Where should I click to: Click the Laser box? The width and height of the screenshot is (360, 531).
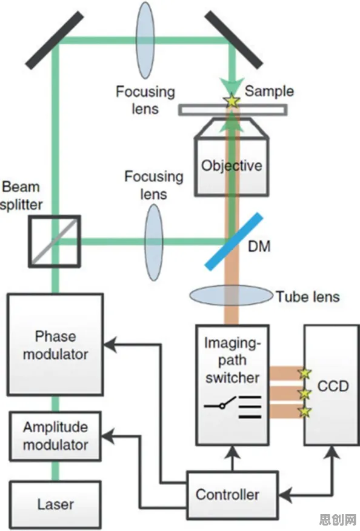(x=55, y=504)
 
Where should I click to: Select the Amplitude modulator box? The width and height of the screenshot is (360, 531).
(x=55, y=436)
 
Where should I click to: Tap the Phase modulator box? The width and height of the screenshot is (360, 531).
(x=55, y=344)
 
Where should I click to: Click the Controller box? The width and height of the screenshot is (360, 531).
(x=233, y=495)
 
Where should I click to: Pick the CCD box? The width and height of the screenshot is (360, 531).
(x=332, y=385)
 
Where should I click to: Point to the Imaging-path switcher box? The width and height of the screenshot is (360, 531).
(x=233, y=385)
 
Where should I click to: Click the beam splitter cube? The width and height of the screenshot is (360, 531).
(x=54, y=241)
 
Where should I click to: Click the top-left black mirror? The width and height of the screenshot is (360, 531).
(x=55, y=40)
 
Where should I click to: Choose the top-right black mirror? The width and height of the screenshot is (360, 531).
(x=234, y=39)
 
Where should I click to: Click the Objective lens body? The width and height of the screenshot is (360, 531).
(x=232, y=156)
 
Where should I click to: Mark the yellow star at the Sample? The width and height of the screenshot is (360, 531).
(x=232, y=101)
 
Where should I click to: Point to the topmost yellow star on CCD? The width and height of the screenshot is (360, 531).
(x=305, y=373)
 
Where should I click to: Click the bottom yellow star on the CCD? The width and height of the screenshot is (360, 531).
(x=305, y=412)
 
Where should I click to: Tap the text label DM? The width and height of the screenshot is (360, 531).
(x=259, y=246)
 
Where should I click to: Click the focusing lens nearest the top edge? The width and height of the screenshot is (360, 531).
(x=145, y=40)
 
